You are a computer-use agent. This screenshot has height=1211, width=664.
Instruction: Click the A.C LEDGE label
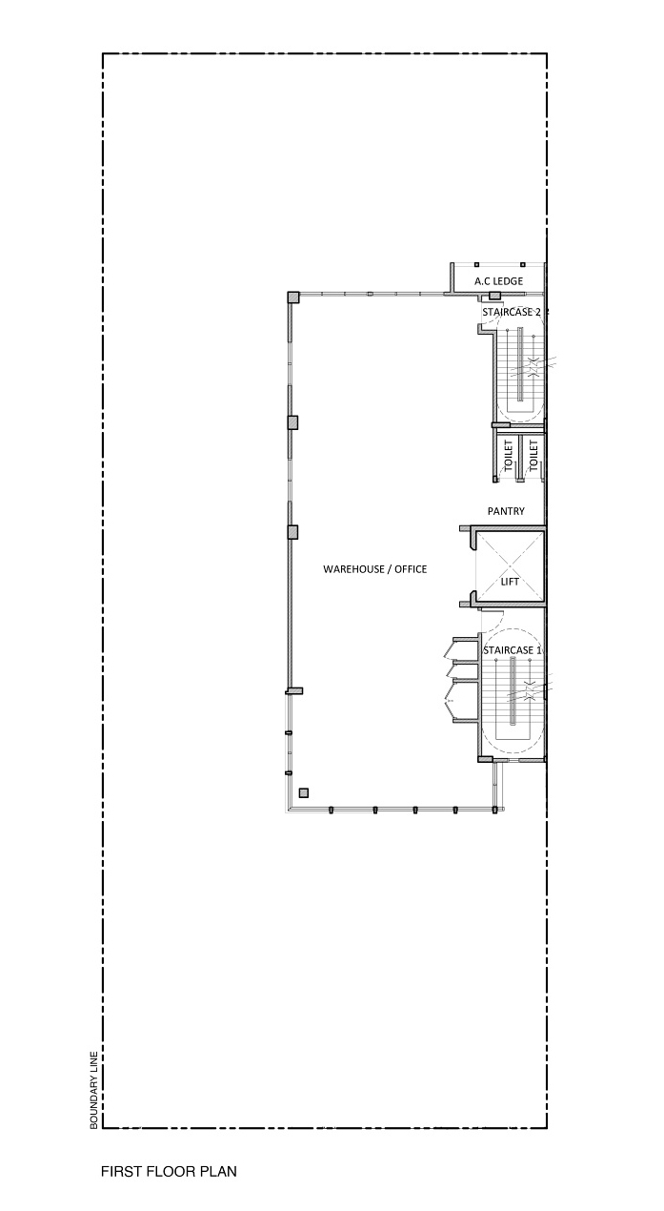[498, 281]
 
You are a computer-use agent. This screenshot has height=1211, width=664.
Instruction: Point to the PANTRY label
[506, 511]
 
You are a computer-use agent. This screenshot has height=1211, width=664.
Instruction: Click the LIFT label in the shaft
[510, 582]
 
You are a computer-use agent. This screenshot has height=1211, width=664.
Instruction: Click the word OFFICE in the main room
[411, 569]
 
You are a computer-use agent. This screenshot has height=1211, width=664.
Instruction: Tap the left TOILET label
[508, 455]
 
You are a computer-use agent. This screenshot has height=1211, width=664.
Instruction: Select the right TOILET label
[533, 455]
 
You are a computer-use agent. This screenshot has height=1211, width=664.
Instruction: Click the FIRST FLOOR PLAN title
[170, 1172]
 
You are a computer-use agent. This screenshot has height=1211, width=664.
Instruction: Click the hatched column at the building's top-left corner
[292, 298]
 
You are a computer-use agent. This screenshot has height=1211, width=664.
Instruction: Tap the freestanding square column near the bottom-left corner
[304, 793]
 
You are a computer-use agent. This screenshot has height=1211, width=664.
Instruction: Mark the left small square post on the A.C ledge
[476, 264]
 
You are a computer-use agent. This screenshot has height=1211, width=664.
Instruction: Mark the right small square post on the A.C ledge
[522, 264]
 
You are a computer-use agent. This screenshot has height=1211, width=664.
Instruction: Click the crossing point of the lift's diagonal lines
[510, 566]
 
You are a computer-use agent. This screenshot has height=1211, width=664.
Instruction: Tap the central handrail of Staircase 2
[521, 364]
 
